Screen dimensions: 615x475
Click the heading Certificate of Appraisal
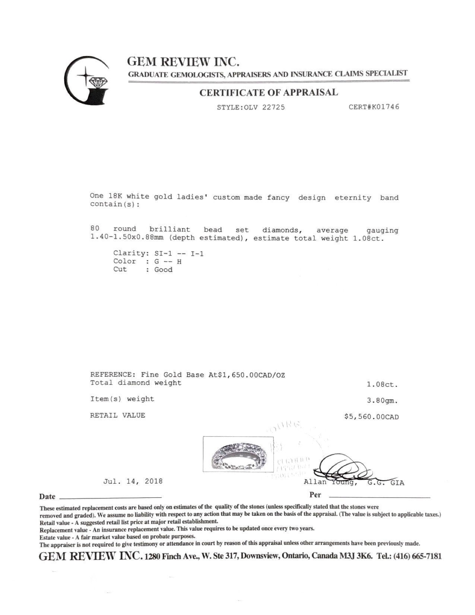click(268, 92)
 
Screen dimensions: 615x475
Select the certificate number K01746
click(383, 107)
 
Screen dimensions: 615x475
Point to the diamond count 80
click(95, 228)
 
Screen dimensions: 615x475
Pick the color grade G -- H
click(168, 261)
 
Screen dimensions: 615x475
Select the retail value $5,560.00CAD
click(371, 417)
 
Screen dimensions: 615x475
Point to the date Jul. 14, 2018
click(133, 481)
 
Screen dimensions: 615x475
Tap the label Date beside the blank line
click(47, 496)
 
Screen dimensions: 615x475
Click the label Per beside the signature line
click(315, 495)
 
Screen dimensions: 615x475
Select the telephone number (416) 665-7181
click(420, 556)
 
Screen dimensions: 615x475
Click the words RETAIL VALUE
click(118, 415)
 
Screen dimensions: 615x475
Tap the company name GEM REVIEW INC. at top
click(183, 61)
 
